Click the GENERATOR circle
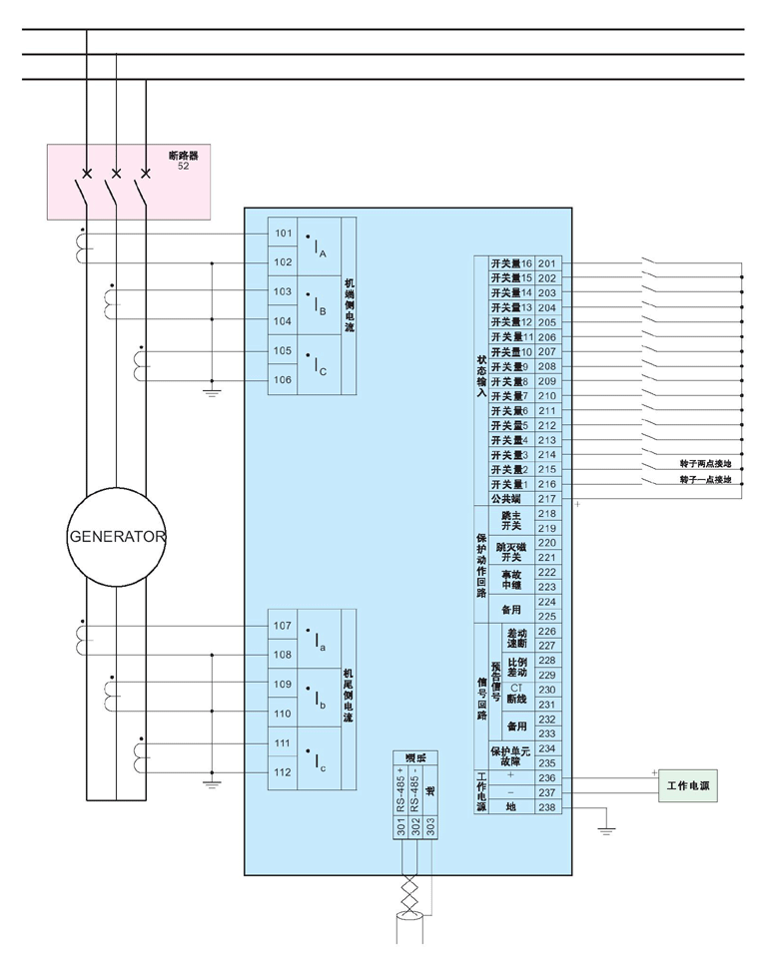click(116, 536)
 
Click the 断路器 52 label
click(184, 160)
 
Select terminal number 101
click(282, 234)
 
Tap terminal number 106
click(282, 380)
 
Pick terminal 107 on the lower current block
click(282, 626)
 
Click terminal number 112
click(282, 772)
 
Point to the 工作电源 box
click(690, 786)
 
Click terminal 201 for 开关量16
click(547, 263)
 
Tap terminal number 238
click(547, 807)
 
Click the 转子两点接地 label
click(705, 465)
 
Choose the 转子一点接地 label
click(705, 480)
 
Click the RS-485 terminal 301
click(401, 827)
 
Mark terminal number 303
click(430, 827)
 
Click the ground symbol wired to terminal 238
click(606, 828)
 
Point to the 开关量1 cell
click(510, 484)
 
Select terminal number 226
click(547, 631)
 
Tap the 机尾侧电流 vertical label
click(349, 698)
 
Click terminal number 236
click(547, 777)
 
